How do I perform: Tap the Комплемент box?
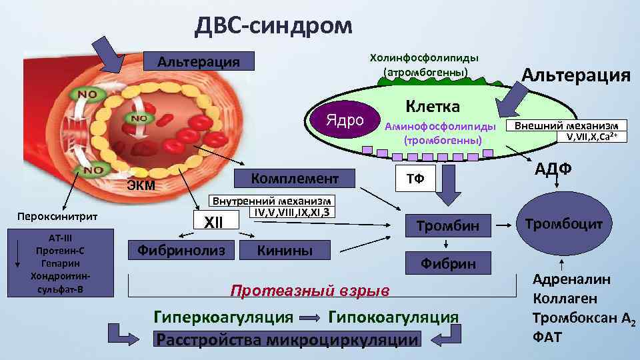295,179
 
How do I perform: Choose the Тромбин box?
447,225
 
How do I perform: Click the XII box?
211,221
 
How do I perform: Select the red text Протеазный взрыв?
309,291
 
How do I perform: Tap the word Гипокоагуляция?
393,317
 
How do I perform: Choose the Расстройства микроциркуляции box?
288,339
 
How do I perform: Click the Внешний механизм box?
565,125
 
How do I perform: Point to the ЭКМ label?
141,185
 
